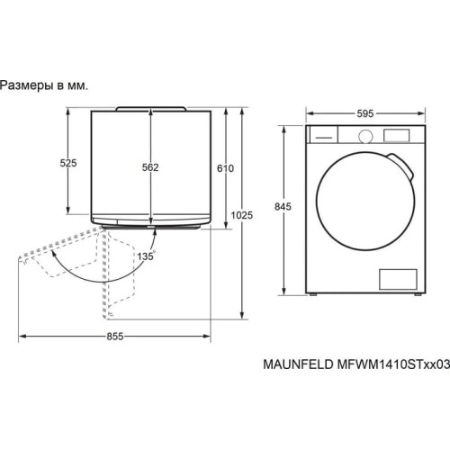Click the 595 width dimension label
click(x=364, y=113)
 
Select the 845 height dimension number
click(x=284, y=207)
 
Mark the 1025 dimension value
click(x=241, y=216)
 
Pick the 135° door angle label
click(x=146, y=256)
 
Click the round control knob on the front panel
click(x=367, y=135)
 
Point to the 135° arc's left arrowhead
click(x=54, y=256)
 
